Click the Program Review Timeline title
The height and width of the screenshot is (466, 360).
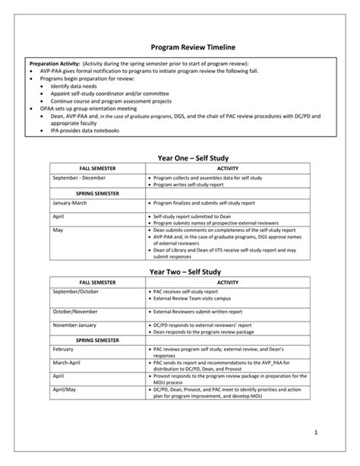pyautogui.click(x=181, y=47)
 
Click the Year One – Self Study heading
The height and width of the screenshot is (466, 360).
pyautogui.click(x=181, y=157)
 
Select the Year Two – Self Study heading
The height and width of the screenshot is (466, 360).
pyautogui.click(x=181, y=271)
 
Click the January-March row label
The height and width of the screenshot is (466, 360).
pyautogui.click(x=71, y=203)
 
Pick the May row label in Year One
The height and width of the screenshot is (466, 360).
pyautogui.click(x=58, y=229)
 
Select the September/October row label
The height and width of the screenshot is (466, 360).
pyautogui.click(x=76, y=291)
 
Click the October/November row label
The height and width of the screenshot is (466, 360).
pyautogui.click(x=76, y=312)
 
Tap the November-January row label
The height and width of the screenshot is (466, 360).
pyautogui.click(x=77, y=325)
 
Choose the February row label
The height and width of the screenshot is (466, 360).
pyautogui.click(x=64, y=350)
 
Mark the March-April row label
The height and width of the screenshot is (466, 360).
pyautogui.click(x=68, y=363)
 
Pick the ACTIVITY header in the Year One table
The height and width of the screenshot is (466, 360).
pyautogui.click(x=228, y=167)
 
